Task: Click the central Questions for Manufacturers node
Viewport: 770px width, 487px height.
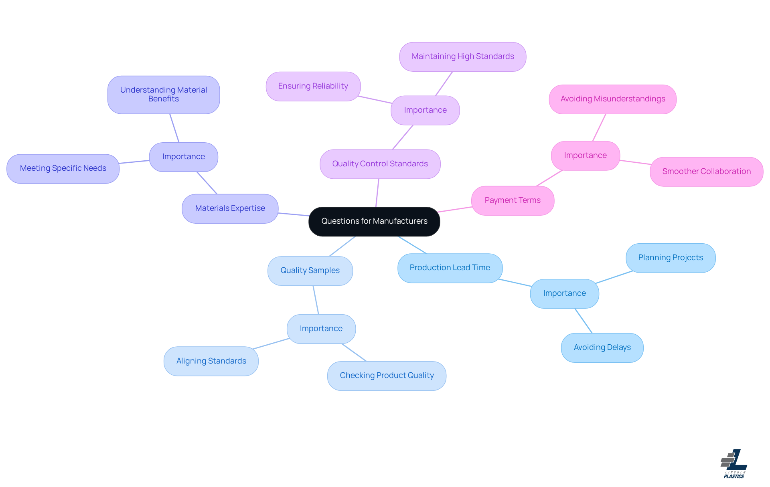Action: coord(374,221)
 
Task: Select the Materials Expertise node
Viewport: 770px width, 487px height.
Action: coord(230,208)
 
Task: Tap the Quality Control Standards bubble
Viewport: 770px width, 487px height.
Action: coord(380,164)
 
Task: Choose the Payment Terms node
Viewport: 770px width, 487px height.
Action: coord(513,200)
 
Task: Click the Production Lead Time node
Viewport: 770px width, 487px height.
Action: coord(450,268)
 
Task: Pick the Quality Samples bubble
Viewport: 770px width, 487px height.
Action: coord(310,271)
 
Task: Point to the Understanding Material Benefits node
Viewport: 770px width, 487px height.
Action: coord(164,95)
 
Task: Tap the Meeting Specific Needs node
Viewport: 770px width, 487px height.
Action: coord(63,168)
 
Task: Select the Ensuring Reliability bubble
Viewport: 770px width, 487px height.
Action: coord(313,86)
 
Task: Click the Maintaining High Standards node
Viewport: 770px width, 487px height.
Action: coord(462,57)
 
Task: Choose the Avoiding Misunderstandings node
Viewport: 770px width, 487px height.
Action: coord(612,99)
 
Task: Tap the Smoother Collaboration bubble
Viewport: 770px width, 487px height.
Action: coord(706,172)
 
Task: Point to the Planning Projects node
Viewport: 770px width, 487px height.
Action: coord(671,258)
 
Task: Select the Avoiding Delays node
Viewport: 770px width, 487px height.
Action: coord(602,348)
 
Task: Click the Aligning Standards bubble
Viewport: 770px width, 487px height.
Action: coord(211,361)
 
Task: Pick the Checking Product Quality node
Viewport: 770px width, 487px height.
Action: coord(387,376)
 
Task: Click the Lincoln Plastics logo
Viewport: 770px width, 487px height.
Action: coord(734,464)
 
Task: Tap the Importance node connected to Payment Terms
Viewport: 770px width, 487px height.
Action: coord(585,156)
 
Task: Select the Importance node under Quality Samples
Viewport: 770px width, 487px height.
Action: coord(321,329)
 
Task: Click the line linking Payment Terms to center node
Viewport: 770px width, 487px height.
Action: coord(455,209)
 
